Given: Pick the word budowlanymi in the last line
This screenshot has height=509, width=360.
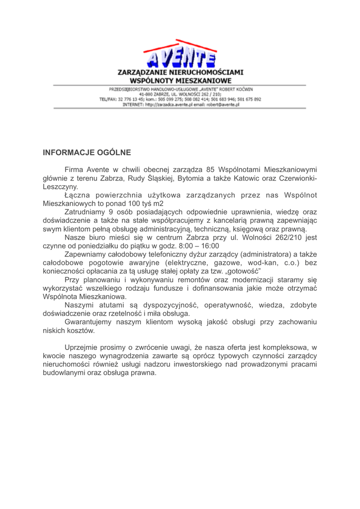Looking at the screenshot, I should click(x=65, y=373).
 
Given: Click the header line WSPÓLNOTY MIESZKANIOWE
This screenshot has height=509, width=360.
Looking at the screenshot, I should click(x=180, y=80).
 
